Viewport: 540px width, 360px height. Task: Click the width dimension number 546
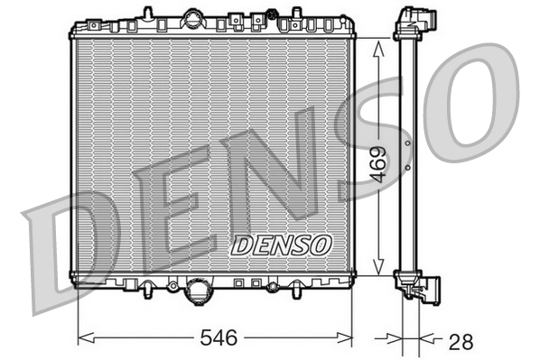217,338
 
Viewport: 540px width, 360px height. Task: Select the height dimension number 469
379,164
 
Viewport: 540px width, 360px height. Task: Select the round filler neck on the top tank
192,18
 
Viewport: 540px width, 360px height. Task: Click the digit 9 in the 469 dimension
379,150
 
